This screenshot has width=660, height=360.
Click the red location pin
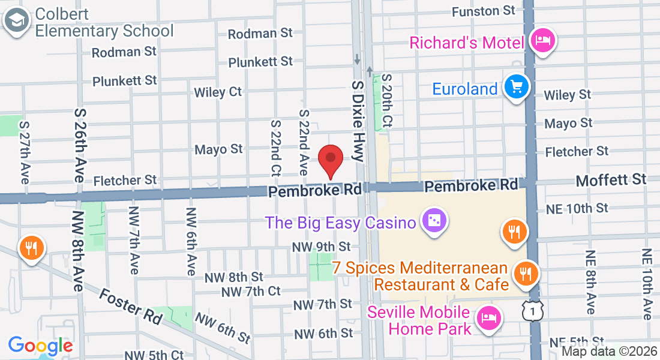(330, 159)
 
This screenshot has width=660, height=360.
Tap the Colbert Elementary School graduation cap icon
(17, 22)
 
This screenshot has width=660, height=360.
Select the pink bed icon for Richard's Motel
(544, 41)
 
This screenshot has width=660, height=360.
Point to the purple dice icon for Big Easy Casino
(432, 221)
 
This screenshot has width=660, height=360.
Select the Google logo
(40, 346)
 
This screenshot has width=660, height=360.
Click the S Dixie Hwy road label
(358, 122)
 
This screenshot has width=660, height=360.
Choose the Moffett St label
(611, 179)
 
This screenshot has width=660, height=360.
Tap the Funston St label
(484, 11)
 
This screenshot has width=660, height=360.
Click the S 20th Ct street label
(387, 100)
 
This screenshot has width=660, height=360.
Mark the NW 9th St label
(321, 246)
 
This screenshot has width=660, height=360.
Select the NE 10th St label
(577, 208)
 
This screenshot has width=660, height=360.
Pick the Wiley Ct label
(218, 92)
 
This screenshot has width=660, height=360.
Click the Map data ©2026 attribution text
(609, 352)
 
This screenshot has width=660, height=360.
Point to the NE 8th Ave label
(590, 282)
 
